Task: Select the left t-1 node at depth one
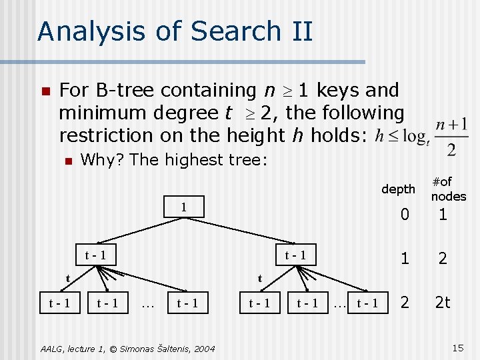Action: pos(95,254)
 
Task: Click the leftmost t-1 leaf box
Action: pos(61,303)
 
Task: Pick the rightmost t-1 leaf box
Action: pos(367,303)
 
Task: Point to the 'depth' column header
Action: pos(398,189)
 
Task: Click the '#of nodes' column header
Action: pos(448,189)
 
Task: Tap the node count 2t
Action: pos(443,302)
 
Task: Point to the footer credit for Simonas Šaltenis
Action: pos(127,348)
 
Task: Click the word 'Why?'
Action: pos(103,160)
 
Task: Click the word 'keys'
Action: pos(339,90)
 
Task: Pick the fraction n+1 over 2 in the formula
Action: pos(451,137)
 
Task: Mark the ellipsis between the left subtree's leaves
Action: pos(148,304)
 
